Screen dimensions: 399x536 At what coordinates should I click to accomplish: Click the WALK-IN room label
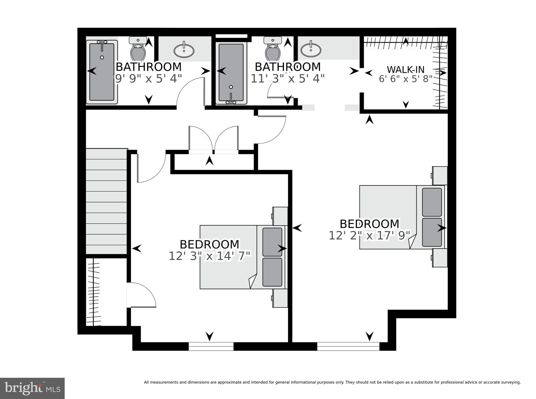(x=405, y=70)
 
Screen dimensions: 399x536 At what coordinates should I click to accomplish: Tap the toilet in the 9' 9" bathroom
(x=138, y=50)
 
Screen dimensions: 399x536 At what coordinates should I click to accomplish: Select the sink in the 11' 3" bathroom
(x=311, y=49)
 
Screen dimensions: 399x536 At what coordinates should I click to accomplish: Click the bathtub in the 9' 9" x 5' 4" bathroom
(x=102, y=72)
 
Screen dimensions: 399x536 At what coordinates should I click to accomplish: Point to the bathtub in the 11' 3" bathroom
(x=231, y=72)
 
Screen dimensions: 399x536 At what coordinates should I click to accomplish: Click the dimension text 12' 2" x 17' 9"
(x=369, y=236)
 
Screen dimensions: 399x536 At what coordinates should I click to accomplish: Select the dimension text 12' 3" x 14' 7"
(x=209, y=256)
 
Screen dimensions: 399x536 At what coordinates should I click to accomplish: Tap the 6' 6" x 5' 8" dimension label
(x=405, y=79)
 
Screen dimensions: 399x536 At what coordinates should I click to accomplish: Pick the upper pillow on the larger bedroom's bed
(x=432, y=202)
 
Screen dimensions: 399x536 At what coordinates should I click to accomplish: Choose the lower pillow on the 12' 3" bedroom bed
(x=272, y=272)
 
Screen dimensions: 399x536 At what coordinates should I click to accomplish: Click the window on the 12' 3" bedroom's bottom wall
(x=211, y=346)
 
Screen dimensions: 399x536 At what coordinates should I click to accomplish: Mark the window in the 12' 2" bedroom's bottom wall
(x=348, y=346)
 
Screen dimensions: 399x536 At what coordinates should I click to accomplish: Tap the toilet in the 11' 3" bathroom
(x=273, y=50)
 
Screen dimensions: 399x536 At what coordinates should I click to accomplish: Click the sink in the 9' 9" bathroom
(x=184, y=50)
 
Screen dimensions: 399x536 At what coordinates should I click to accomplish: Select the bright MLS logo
(x=32, y=388)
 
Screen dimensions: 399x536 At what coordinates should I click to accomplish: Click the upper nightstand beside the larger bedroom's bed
(x=440, y=176)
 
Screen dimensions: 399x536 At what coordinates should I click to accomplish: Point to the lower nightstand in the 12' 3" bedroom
(x=280, y=298)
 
